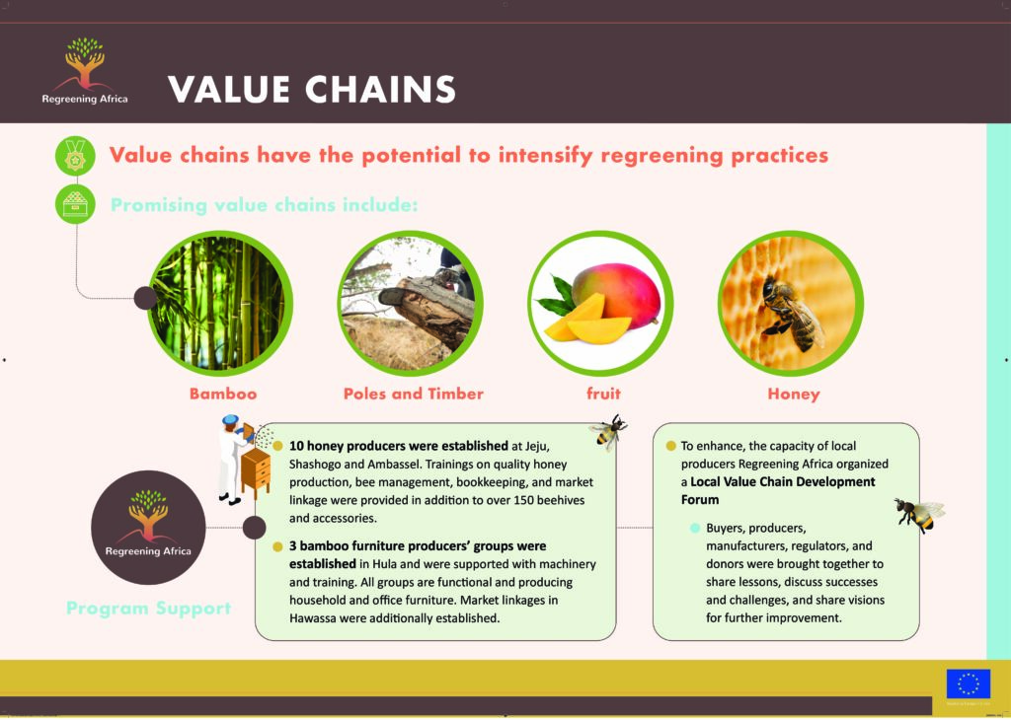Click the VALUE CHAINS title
[x=312, y=90]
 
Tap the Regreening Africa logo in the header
[x=85, y=70]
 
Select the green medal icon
[x=75, y=156]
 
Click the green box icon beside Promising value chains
[x=75, y=205]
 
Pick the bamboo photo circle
[x=220, y=304]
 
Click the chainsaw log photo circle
[x=410, y=304]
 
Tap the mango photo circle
[x=600, y=304]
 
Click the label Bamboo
[x=223, y=394]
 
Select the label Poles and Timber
[x=414, y=394]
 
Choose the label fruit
[x=603, y=394]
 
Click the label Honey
[x=794, y=395]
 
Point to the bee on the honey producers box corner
[x=607, y=431]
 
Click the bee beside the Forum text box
[x=919, y=515]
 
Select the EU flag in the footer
[x=968, y=684]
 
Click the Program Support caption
[x=149, y=609]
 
